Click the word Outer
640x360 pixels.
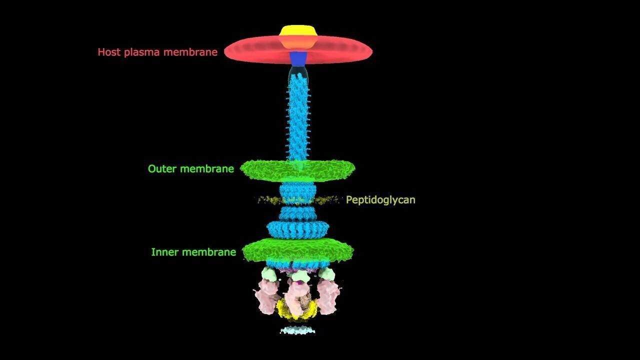(x=161, y=169)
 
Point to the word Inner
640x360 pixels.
(x=164, y=252)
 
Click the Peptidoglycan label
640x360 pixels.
(x=380, y=200)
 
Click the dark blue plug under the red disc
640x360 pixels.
(x=298, y=59)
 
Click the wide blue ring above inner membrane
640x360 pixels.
(x=298, y=230)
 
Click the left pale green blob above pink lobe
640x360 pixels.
(x=269, y=274)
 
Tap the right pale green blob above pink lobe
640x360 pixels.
(x=326, y=273)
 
